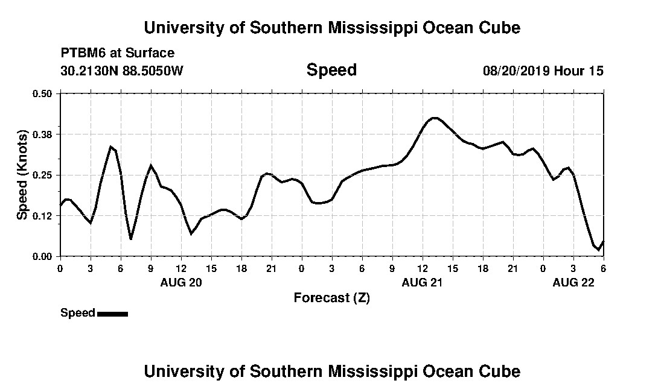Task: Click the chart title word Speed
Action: point(331,70)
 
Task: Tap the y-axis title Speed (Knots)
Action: point(22,175)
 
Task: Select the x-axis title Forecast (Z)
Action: point(331,297)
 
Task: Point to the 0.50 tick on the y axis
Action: point(43,93)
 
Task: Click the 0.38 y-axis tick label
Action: point(43,134)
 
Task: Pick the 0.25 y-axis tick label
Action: point(43,175)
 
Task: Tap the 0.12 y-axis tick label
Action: point(43,216)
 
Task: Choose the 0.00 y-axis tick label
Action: point(43,257)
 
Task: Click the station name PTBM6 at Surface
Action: point(118,54)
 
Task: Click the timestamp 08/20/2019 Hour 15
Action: point(543,71)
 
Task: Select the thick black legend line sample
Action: point(112,314)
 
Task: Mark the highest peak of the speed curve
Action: point(434,118)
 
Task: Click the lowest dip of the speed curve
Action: point(598,249)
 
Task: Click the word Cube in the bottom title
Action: point(500,371)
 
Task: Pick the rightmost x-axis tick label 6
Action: point(603,268)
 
